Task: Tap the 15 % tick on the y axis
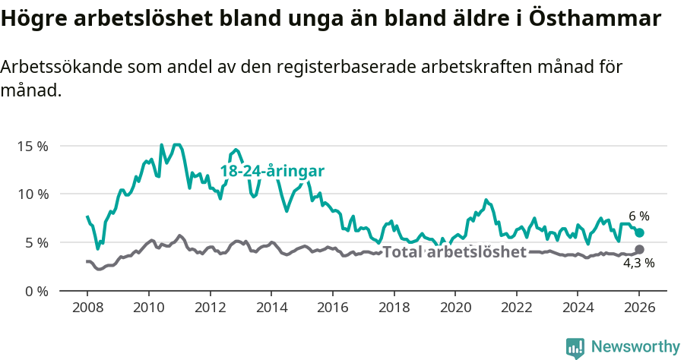32,145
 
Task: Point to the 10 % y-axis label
32,194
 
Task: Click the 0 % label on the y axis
35,291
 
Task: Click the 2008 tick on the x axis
87,308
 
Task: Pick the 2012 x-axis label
210,308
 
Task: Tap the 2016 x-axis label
332,308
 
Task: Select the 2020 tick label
454,308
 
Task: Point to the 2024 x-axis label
578,308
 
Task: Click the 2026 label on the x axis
639,308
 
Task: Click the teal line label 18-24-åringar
272,172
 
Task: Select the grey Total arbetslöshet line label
454,252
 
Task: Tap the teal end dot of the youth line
639,232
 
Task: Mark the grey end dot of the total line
639,249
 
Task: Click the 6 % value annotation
639,216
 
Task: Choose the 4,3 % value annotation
639,264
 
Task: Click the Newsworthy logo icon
575,347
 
